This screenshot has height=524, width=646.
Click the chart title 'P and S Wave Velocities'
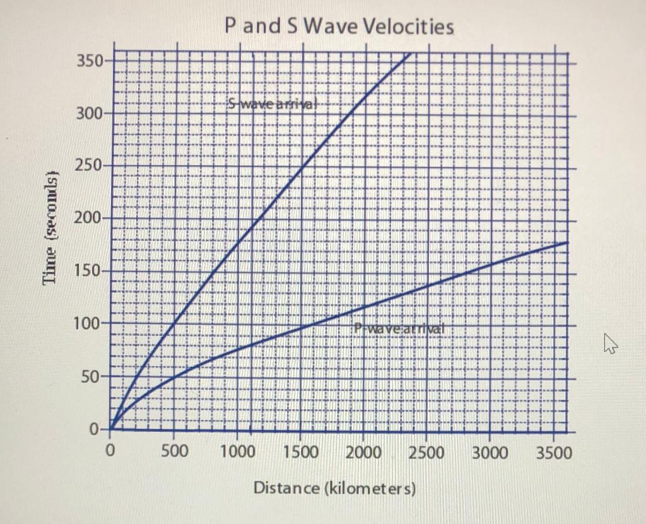coord(339,27)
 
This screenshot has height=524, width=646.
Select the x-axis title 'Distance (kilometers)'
coord(334,488)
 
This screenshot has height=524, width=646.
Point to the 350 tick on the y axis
coord(89,62)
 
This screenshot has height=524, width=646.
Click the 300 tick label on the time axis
coord(89,115)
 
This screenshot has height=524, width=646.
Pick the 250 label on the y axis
coord(89,166)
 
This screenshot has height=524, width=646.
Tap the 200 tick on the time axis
coord(89,219)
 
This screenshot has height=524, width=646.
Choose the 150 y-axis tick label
coord(89,272)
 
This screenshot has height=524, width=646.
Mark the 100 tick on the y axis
coord(89,324)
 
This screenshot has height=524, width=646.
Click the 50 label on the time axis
coord(93,377)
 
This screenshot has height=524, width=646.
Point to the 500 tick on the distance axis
coord(174,452)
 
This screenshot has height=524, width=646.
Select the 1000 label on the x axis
coord(238,452)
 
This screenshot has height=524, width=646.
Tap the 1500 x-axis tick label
coord(301,452)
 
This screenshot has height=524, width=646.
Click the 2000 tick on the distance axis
coord(364,452)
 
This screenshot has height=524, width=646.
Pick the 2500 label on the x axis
coord(427,452)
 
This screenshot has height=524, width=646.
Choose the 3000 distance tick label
coord(490,452)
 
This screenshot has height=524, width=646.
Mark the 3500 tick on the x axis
coord(553,452)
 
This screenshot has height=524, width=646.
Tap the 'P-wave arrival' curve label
coord(399,328)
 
